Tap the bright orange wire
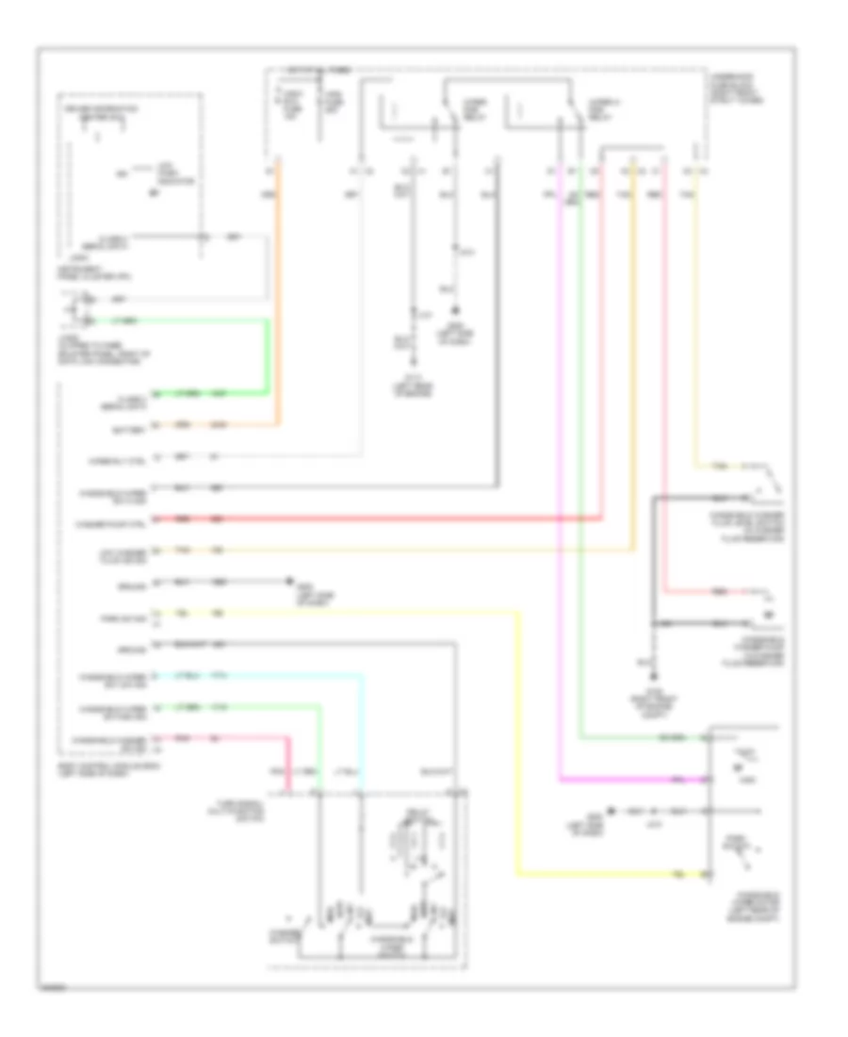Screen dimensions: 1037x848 (276, 283)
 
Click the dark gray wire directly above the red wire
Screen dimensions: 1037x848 (377, 487)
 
